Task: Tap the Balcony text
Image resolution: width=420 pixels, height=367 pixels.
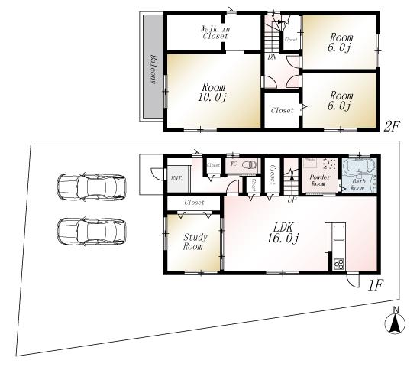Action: coord(153,70)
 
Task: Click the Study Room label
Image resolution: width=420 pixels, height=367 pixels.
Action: coord(192,242)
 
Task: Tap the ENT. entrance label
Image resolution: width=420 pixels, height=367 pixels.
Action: coord(176,178)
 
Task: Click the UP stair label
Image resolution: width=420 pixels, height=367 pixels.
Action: coord(292,200)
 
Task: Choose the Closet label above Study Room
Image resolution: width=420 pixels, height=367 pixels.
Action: coord(193,203)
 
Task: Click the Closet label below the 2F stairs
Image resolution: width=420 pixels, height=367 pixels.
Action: coord(282,111)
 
